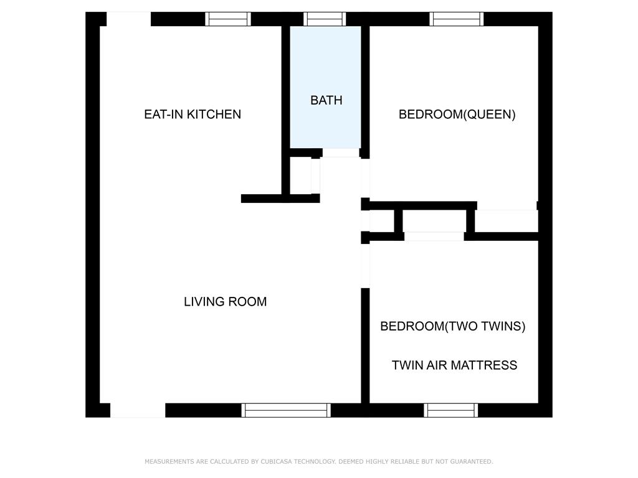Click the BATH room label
point(326,100)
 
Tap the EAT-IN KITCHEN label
point(193,115)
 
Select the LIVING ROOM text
point(225,302)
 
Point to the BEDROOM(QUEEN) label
point(457,115)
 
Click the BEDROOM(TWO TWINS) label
point(452,326)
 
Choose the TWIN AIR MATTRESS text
point(454,365)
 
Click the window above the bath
point(324,19)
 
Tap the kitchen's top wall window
point(228,19)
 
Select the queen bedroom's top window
point(457,19)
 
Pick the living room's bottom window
point(286,410)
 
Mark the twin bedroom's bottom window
point(451,410)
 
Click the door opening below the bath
point(341,153)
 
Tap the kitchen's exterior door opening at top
point(128,19)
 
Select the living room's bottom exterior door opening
point(138,410)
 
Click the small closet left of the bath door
point(301,176)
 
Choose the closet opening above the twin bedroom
point(434,236)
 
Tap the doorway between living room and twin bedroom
point(365,266)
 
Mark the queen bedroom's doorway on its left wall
point(365,178)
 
